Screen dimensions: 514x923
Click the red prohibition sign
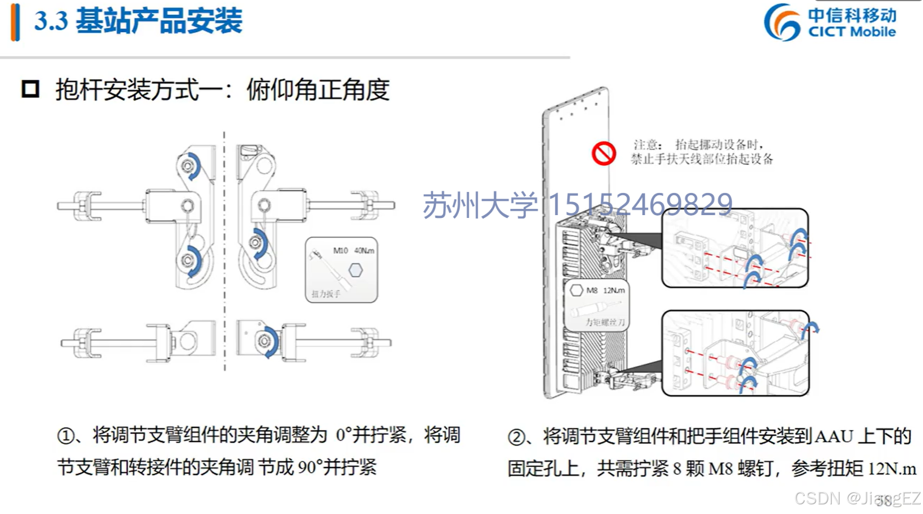pyautogui.click(x=603, y=153)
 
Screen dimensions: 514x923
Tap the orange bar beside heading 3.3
pyautogui.click(x=15, y=22)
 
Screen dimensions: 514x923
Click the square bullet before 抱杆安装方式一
pyautogui.click(x=31, y=89)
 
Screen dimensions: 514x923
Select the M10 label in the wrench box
pyautogui.click(x=340, y=250)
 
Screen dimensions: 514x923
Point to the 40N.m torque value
pyautogui.click(x=364, y=250)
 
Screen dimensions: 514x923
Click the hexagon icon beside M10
pyautogui.click(x=355, y=270)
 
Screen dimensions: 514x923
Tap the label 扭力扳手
pyautogui.click(x=326, y=294)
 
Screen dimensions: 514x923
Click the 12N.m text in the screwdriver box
pyautogui.click(x=614, y=290)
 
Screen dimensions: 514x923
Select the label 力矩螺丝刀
pyautogui.click(x=605, y=322)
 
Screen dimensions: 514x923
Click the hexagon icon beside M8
pyautogui.click(x=576, y=290)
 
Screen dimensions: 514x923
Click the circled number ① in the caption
pyautogui.click(x=66, y=436)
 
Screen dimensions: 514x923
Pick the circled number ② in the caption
pyautogui.click(x=516, y=438)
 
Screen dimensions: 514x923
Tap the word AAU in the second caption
pyautogui.click(x=833, y=436)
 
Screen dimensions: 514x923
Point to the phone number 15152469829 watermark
pyautogui.click(x=640, y=204)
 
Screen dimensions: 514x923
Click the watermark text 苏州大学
pyautogui.click(x=480, y=204)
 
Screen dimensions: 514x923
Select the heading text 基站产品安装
pyautogui.click(x=159, y=21)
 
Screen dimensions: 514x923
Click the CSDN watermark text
pyautogui.click(x=817, y=498)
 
